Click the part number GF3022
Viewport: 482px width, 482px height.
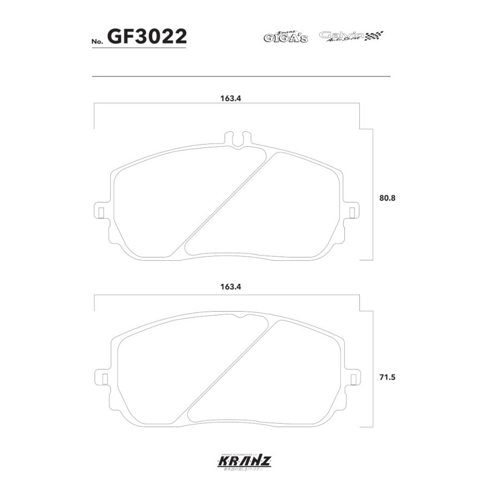pos(147,36)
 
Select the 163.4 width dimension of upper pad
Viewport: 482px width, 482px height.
pos(228,99)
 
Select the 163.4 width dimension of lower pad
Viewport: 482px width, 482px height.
pos(228,287)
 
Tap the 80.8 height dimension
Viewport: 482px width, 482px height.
pos(387,198)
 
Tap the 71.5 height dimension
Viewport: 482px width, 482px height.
pos(387,377)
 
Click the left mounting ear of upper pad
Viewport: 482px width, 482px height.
pos(100,211)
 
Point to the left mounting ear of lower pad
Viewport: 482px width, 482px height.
pos(100,377)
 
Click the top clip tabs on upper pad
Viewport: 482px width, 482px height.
pos(237,137)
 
